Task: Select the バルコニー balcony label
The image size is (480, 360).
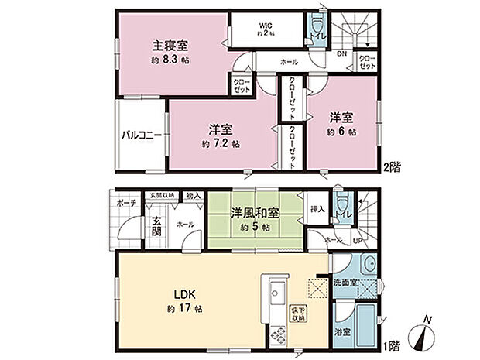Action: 140,135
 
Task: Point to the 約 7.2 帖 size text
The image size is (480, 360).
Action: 221,144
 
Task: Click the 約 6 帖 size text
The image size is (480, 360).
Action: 341,132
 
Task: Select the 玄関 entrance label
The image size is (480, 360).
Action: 156,225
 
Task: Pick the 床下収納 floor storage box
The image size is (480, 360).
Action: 297,314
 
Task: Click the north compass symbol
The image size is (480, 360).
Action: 424,334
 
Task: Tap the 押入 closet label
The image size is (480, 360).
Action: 317,209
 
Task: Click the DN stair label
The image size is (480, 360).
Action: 341,53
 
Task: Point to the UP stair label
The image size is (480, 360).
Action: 356,242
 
